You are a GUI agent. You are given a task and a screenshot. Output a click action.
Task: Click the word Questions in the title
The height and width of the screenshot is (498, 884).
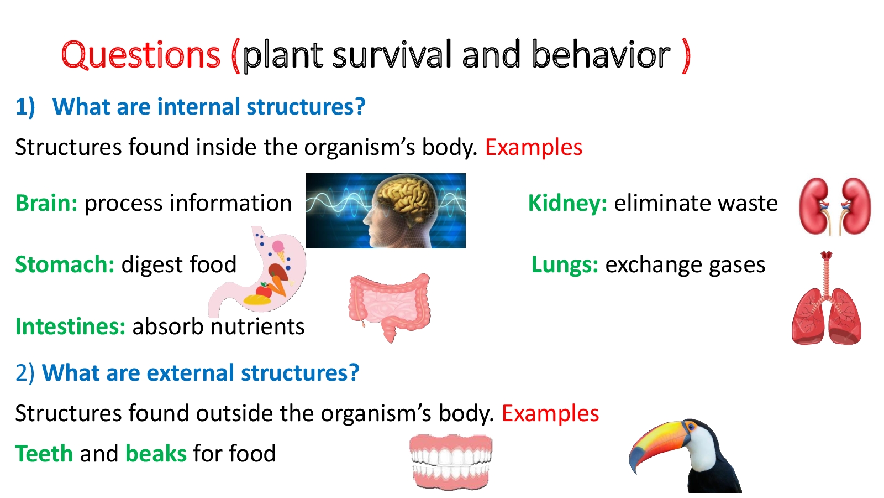(140, 55)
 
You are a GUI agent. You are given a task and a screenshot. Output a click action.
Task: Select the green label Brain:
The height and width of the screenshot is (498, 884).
(46, 203)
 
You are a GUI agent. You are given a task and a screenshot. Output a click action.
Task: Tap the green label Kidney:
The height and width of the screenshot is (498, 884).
(567, 203)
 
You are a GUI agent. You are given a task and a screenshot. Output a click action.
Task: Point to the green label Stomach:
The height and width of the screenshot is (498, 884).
(65, 264)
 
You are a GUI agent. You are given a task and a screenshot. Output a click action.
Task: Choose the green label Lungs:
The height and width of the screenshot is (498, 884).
(565, 264)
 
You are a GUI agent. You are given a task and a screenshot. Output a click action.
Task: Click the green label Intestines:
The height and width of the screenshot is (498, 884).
(71, 326)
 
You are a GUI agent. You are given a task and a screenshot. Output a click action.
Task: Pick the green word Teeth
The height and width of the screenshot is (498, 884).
(44, 454)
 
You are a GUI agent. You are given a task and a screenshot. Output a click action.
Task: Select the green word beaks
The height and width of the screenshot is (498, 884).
(156, 454)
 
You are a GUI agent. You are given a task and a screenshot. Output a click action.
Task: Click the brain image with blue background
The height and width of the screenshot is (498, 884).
(386, 211)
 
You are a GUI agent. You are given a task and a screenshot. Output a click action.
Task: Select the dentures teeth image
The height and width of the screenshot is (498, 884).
(451, 462)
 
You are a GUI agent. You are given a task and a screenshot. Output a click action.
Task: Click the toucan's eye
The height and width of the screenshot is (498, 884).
(690, 427)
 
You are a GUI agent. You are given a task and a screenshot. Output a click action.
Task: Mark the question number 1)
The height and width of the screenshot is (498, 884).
(25, 107)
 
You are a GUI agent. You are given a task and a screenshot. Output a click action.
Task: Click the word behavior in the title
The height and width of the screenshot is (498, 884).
(601, 55)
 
